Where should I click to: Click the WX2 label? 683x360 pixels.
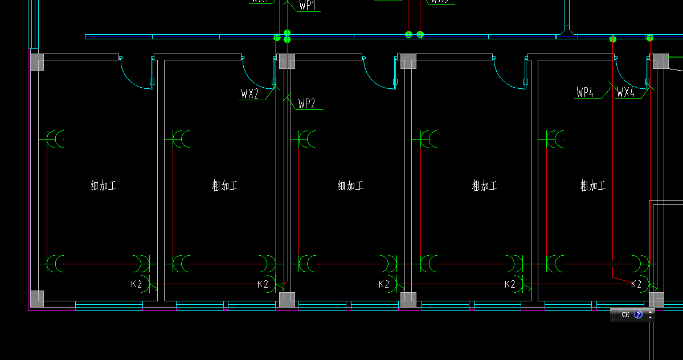click(x=250, y=94)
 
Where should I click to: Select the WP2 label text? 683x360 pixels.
click(x=306, y=104)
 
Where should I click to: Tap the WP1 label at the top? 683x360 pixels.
click(x=307, y=6)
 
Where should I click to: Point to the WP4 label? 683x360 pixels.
click(x=585, y=92)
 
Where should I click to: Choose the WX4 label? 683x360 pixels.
click(x=625, y=92)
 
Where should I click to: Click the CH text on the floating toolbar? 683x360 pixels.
click(x=625, y=314)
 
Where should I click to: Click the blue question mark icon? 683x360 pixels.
click(x=638, y=314)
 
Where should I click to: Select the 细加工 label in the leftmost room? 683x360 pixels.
click(x=103, y=186)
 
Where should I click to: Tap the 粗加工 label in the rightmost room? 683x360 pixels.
click(x=592, y=186)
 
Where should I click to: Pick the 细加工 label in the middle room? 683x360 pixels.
click(x=350, y=186)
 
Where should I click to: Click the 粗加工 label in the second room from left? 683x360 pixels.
click(x=224, y=186)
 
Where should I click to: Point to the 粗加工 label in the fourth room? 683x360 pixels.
click(x=484, y=186)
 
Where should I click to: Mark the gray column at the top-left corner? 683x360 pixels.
click(x=37, y=62)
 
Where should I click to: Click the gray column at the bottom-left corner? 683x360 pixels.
click(x=37, y=298)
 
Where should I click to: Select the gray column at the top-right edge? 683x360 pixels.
click(x=660, y=62)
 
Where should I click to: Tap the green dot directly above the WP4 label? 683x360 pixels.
click(x=613, y=39)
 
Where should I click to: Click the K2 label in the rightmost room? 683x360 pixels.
click(x=636, y=284)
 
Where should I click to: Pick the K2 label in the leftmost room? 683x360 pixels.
click(x=137, y=284)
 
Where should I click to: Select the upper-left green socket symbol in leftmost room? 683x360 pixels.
click(x=56, y=138)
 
